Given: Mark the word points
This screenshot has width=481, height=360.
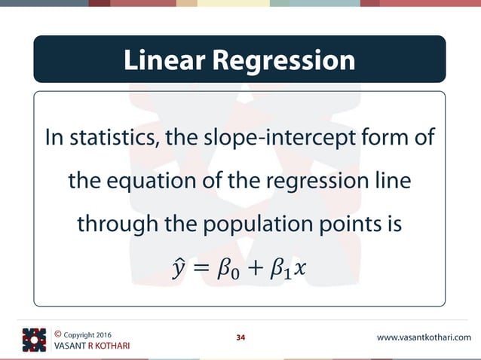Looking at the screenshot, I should [343, 225].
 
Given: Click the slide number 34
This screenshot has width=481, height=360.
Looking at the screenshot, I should [241, 337].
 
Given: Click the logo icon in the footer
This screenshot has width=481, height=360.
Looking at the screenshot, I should [34, 340].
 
